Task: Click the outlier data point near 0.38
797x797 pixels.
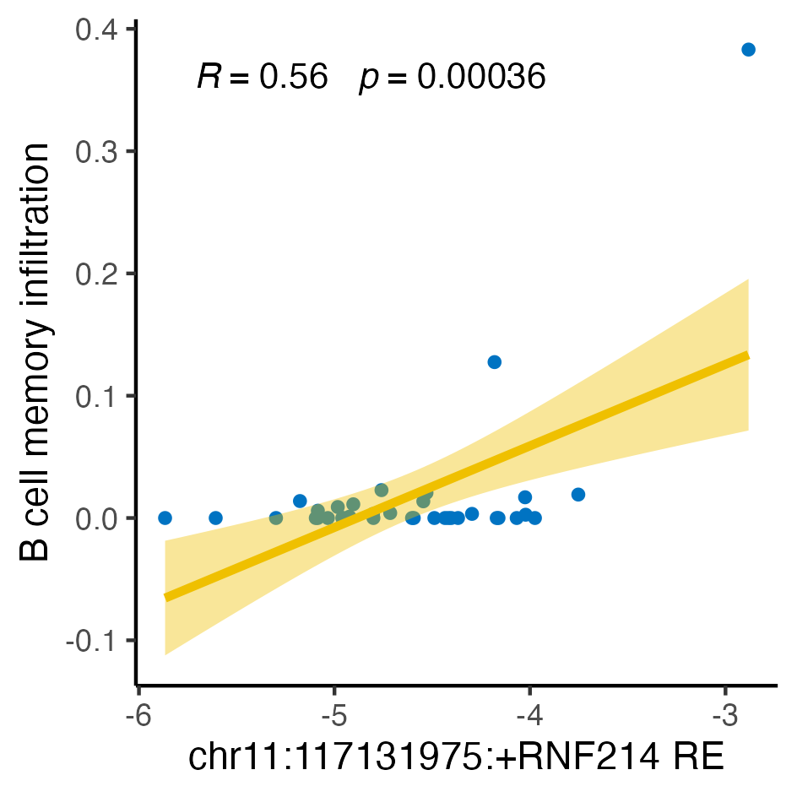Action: click(x=748, y=50)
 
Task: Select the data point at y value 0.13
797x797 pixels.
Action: click(x=495, y=362)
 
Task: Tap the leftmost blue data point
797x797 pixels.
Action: click(x=165, y=518)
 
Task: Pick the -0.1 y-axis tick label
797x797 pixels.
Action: click(x=95, y=641)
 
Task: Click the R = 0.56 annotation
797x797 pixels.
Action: click(x=262, y=78)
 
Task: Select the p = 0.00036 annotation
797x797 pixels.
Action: click(x=453, y=78)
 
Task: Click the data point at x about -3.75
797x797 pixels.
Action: click(x=578, y=494)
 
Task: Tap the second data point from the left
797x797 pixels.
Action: click(x=215, y=518)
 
